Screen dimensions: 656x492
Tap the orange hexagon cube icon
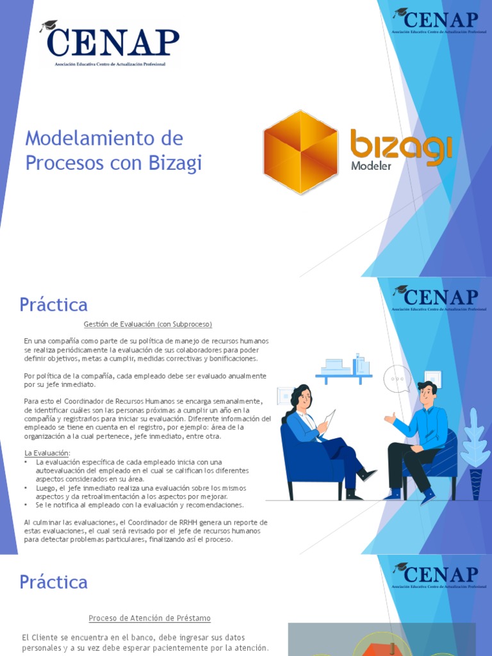pyautogui.click(x=300, y=152)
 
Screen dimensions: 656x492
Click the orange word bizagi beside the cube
pyautogui.click(x=401, y=145)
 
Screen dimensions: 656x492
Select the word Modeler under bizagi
pyautogui.click(x=371, y=167)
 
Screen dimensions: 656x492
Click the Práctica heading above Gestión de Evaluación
pyautogui.click(x=53, y=304)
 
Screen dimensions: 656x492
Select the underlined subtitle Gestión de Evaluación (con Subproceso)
pyautogui.click(x=147, y=324)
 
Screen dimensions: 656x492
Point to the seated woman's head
pyautogui.click(x=302, y=397)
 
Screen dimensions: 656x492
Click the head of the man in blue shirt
pyautogui.click(x=427, y=392)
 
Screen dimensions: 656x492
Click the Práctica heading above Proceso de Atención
pyautogui.click(x=53, y=582)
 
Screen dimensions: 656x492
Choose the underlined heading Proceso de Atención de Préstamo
pyautogui.click(x=149, y=618)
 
